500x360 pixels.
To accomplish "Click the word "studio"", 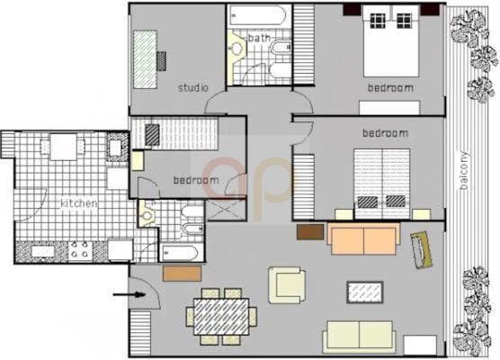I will (x=192, y=88).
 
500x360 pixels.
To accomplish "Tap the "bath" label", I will (x=259, y=38).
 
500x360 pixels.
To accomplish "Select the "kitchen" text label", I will (x=78, y=204).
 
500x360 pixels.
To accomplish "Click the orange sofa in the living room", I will (x=363, y=238).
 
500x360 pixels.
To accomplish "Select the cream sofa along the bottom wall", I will (x=359, y=336).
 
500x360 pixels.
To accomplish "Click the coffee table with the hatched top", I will (x=364, y=292).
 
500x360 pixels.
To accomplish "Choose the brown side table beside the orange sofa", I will (x=309, y=232).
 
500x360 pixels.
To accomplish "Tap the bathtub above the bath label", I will (x=257, y=16).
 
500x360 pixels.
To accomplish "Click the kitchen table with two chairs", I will (x=63, y=146).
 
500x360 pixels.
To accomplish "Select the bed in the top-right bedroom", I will (x=391, y=43).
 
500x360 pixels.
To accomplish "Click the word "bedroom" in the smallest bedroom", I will (x=196, y=181).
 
